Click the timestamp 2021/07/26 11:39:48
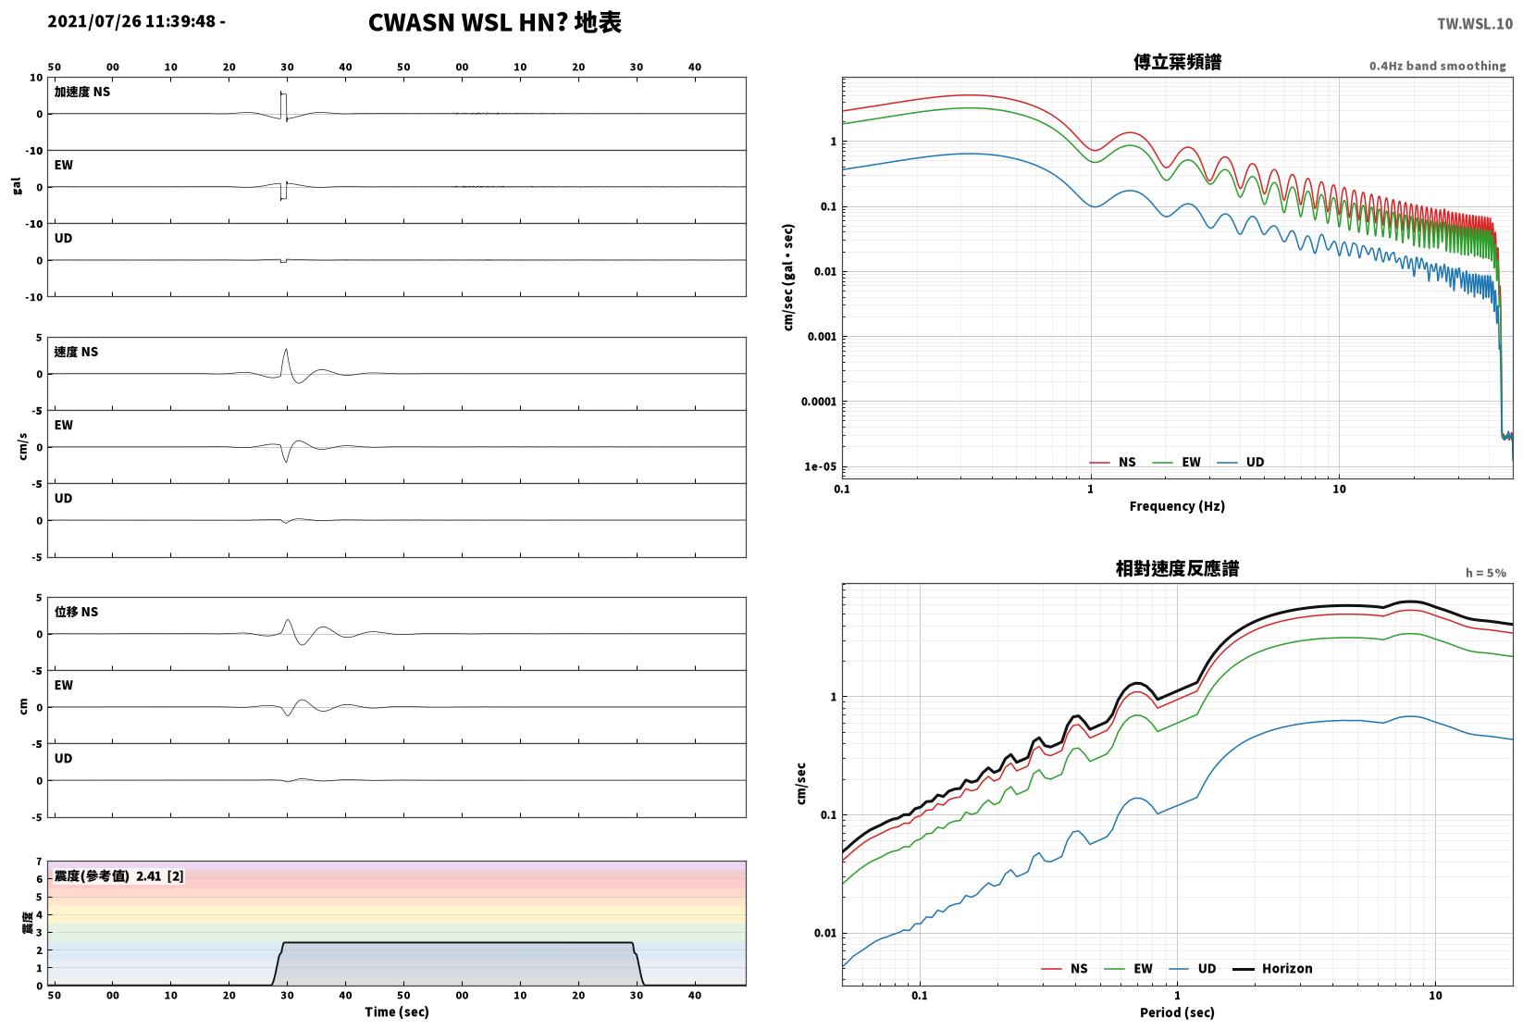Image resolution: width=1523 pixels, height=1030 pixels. click(x=132, y=21)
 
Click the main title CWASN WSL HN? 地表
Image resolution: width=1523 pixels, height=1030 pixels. click(x=494, y=22)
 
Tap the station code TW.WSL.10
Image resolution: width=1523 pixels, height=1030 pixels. click(x=1475, y=24)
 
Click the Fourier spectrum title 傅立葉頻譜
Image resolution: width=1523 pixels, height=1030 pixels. click(x=1177, y=62)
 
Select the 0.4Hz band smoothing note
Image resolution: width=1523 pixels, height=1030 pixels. click(x=1437, y=66)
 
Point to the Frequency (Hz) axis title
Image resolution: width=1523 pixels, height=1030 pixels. click(x=1177, y=506)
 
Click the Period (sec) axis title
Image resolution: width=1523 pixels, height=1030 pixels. click(x=1177, y=1012)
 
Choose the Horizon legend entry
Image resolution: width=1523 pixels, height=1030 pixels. click(x=1273, y=968)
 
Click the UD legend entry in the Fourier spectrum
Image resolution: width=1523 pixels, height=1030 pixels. click(x=1241, y=462)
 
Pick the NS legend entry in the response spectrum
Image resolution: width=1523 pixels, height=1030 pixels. click(x=1065, y=968)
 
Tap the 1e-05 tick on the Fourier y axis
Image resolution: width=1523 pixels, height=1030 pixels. click(x=820, y=466)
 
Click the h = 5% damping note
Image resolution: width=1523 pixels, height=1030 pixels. click(x=1486, y=573)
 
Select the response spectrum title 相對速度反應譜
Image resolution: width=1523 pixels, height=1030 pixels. click(x=1177, y=568)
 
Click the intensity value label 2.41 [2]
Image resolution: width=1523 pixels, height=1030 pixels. click(x=160, y=875)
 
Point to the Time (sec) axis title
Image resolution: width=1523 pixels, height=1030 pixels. click(x=397, y=1011)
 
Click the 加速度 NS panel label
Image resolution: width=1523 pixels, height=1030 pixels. click(x=82, y=92)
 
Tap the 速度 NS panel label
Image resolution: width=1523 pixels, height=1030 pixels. click(x=76, y=352)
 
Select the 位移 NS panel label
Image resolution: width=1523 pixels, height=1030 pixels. click(x=76, y=611)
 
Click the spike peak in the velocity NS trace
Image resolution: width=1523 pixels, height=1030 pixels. click(x=286, y=350)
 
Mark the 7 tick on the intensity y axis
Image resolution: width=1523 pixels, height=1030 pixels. click(x=40, y=862)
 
